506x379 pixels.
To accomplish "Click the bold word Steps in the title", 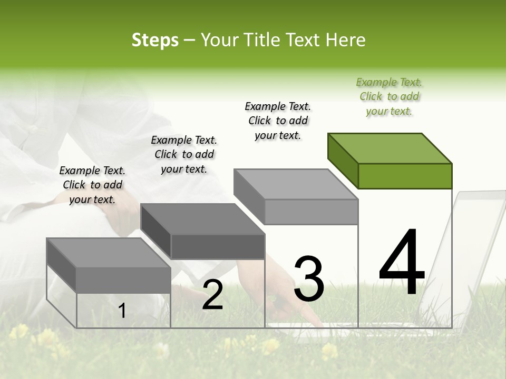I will [155, 40].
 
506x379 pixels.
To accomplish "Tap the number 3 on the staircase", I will [308, 279].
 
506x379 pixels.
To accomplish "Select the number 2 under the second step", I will [212, 295].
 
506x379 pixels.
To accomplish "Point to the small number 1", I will [122, 311].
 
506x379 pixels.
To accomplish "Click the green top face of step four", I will [390, 148].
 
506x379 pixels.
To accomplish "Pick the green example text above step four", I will [389, 96].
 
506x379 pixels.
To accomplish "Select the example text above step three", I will [278, 121].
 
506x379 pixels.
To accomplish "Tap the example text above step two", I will [184, 154].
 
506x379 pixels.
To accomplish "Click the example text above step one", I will [92, 185].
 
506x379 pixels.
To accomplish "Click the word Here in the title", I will [345, 40].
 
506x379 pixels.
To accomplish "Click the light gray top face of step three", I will [296, 184].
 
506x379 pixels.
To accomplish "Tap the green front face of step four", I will [405, 176].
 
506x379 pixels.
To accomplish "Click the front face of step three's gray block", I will [311, 212].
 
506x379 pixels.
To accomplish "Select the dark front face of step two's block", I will [218, 246].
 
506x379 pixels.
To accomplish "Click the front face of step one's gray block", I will [123, 280].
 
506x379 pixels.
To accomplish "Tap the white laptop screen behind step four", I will [474, 253].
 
